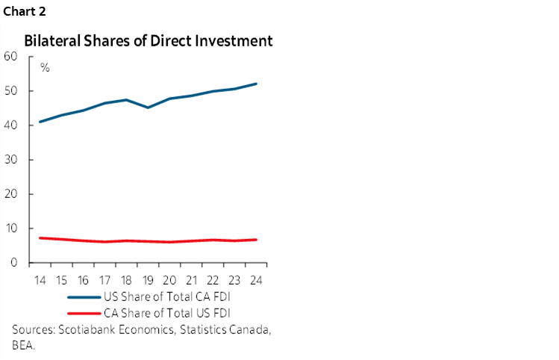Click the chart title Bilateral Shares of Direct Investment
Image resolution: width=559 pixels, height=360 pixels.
click(x=149, y=41)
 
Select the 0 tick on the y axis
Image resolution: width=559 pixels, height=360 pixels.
click(x=14, y=262)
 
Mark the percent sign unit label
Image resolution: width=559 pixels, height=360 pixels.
click(x=45, y=68)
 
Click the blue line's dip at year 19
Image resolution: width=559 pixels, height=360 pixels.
click(x=148, y=108)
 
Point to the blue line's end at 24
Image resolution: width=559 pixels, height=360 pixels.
click(x=257, y=84)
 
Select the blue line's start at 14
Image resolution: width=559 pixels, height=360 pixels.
click(x=40, y=122)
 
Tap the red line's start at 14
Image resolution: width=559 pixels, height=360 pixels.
click(x=40, y=238)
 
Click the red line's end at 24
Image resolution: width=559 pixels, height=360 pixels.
click(x=257, y=240)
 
